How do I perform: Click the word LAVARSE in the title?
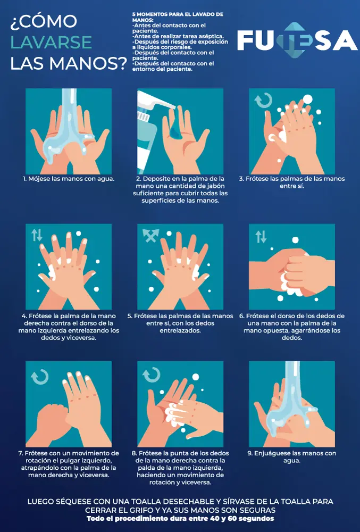(x=51, y=42)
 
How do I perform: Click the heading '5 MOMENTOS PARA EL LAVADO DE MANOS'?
(x=178, y=17)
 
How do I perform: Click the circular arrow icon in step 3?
(x=263, y=101)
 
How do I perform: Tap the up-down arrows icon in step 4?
(x=37, y=235)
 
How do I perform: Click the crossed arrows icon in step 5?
(x=150, y=235)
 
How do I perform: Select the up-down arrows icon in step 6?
(x=261, y=237)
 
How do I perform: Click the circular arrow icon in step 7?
(x=40, y=377)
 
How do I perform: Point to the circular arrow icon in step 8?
(x=151, y=375)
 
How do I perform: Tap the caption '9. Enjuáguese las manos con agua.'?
(x=292, y=456)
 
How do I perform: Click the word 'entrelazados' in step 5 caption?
(x=180, y=330)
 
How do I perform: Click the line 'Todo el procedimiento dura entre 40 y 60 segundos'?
(x=180, y=518)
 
